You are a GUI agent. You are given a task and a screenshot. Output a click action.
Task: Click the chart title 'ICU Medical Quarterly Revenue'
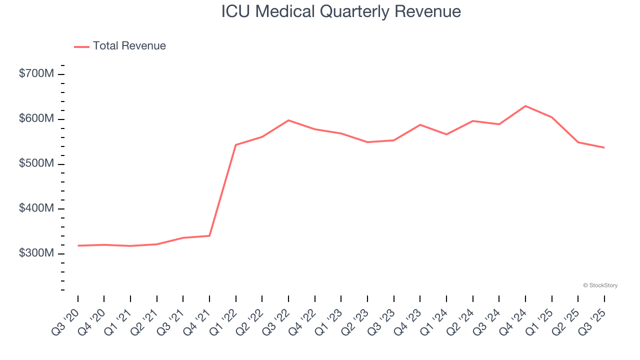[x=341, y=11]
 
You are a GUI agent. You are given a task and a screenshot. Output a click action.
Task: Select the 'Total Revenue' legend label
[x=129, y=46]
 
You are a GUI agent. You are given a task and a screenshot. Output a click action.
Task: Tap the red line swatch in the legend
[x=81, y=46]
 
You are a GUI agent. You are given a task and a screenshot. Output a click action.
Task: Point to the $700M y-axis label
[x=36, y=74]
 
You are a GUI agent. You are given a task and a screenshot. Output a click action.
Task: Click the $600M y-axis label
[x=36, y=119]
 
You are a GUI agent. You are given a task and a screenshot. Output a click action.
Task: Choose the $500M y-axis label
[x=36, y=164]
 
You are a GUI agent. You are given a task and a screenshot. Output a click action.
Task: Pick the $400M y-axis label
[x=36, y=208]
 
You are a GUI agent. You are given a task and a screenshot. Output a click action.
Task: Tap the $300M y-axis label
[x=36, y=253]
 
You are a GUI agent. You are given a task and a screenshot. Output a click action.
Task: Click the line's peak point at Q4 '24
[x=525, y=106]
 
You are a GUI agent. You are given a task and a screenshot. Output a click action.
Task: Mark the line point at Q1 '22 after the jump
[x=236, y=145]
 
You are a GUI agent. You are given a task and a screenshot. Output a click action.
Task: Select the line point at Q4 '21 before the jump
[x=209, y=235]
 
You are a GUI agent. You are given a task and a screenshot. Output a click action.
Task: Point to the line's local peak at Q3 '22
[x=288, y=120]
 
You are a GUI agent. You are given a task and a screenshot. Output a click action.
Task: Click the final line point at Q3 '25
[x=604, y=147]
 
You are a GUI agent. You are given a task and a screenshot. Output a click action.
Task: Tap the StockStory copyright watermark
[x=600, y=285]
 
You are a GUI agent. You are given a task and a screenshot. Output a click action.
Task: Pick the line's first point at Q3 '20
[x=78, y=245]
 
